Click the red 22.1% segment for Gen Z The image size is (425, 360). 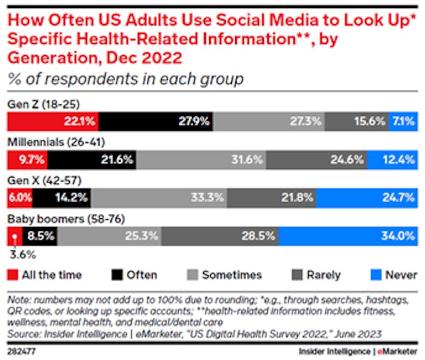pos(53,121)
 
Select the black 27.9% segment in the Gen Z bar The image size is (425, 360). pos(156,121)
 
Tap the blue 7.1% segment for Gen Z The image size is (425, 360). pos(402,121)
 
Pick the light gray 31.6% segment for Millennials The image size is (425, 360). pos(201,160)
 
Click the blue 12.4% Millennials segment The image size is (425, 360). pos(399,160)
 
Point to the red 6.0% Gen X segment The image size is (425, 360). pos(19,197)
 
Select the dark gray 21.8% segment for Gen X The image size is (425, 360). pos(271,197)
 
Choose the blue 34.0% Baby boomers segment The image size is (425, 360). pos(347,235)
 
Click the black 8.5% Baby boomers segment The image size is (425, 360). pos(40,235)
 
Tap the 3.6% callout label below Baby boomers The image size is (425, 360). pos(22,255)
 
